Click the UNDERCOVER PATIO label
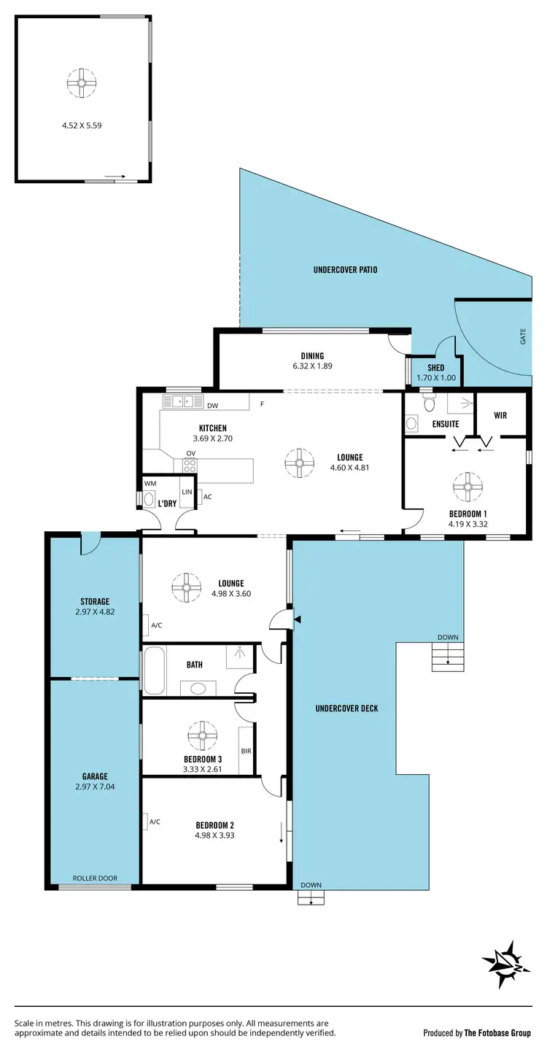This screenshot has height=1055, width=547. coord(345,270)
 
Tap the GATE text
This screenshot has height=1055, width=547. coord(522,336)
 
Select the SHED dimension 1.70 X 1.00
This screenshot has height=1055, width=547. coord(435,379)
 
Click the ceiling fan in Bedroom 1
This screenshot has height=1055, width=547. coord(465,486)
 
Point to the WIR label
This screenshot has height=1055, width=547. coord(500,415)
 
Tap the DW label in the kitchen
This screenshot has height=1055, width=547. coord(212,406)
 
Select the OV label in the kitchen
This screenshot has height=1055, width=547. coord(190,453)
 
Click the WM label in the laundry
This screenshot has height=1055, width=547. coord(150,483)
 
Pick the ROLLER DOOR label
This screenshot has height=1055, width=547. coord(95,878)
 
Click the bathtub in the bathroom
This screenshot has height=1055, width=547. coord(154,671)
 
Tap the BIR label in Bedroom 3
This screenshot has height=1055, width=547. coord(246,750)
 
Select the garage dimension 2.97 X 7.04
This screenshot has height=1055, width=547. coord(95,787)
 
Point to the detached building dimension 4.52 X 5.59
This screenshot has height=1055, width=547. coord(82,125)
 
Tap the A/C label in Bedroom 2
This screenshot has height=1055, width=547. coord(155,822)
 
